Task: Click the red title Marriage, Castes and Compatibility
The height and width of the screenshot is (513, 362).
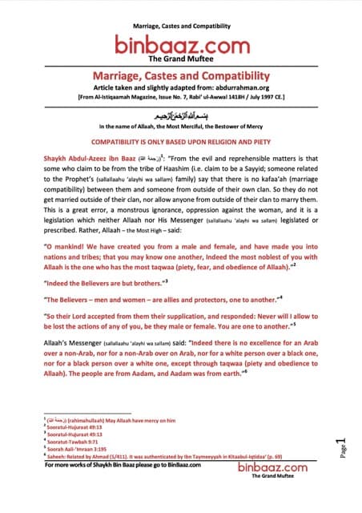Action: [x=180, y=75]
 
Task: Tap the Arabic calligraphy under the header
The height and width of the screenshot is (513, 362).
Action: [x=180, y=114]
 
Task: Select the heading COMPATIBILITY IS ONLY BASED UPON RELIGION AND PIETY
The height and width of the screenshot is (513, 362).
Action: [x=180, y=141]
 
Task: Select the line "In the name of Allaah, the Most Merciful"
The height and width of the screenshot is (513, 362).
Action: [x=180, y=127]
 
